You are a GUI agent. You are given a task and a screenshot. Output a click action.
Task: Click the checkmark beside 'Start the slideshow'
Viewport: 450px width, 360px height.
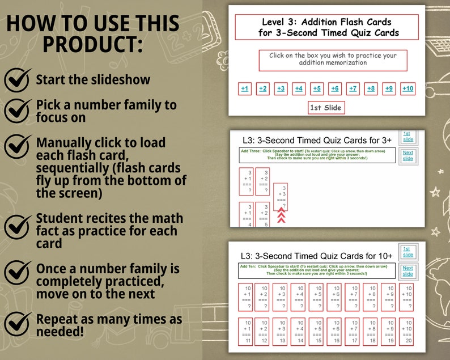click(18, 79)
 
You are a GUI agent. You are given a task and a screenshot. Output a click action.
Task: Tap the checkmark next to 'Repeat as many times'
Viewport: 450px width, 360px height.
click(18, 324)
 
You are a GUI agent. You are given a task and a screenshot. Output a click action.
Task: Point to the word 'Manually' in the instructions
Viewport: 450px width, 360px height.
click(63, 142)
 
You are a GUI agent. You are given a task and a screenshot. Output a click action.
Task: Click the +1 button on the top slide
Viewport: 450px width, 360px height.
click(244, 88)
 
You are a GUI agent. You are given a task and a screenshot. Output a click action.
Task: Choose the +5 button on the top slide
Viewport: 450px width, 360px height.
click(317, 88)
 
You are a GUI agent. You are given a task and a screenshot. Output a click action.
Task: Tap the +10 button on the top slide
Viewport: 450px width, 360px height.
click(407, 88)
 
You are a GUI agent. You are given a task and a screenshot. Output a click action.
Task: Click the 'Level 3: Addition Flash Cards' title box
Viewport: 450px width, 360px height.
click(326, 27)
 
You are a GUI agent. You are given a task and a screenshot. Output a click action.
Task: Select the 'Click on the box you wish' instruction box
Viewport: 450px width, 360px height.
click(333, 60)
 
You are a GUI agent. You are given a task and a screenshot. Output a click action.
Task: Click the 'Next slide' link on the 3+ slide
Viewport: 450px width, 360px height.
click(408, 156)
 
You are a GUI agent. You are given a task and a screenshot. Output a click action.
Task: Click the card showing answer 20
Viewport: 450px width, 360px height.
click(406, 331)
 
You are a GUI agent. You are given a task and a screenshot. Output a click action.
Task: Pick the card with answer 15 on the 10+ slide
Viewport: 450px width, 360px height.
click(316, 331)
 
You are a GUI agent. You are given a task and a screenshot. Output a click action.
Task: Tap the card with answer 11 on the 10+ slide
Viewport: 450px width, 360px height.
click(245, 331)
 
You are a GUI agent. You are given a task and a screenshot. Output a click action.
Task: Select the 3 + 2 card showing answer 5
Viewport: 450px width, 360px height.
click(262, 214)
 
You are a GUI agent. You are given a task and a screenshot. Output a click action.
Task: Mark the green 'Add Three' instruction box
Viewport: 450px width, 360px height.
click(317, 155)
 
